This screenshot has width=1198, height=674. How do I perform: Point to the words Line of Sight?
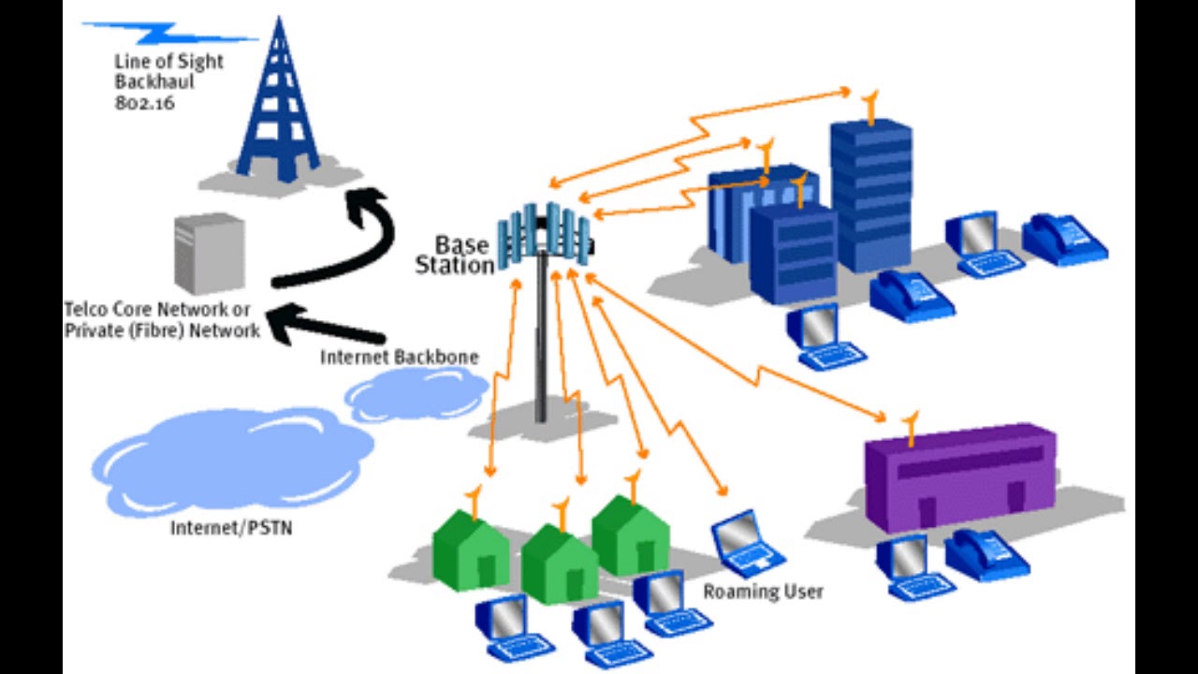[x=168, y=62]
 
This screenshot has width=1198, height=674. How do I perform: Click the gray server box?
[x=209, y=254]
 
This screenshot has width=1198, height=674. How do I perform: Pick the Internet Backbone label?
[x=400, y=358]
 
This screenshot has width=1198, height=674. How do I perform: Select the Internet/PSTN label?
[x=231, y=528]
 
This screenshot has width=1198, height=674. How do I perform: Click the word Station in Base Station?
[x=455, y=266]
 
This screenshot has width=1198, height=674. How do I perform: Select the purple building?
[x=959, y=477]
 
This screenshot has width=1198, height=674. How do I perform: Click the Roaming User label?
[x=763, y=592]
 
